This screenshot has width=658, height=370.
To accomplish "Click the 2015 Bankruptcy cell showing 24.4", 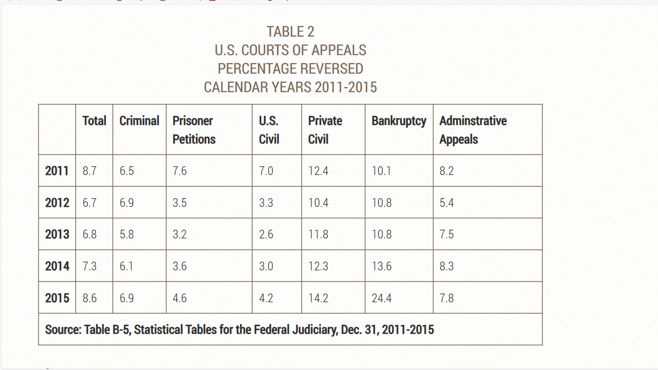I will [381, 298].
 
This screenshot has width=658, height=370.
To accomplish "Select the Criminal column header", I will [139, 121].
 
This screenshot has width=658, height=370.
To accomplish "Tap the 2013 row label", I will [57, 234].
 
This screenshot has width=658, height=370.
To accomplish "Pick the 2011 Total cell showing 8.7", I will [89, 171].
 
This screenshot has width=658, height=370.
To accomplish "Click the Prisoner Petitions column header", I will [194, 130].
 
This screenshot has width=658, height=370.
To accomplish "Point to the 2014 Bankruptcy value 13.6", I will [381, 266].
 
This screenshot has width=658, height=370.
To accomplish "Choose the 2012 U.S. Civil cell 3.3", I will [266, 203].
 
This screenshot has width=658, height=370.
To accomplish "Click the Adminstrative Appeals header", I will [473, 130].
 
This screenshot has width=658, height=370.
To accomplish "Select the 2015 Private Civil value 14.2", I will [318, 298].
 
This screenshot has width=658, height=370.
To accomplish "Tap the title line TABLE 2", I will [290, 32].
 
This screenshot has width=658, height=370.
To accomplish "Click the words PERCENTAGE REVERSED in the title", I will [290, 69].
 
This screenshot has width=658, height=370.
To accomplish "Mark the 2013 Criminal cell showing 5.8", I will [126, 234].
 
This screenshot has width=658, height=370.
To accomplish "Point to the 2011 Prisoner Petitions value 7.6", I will [179, 171].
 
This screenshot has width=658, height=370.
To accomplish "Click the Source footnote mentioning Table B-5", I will [239, 329].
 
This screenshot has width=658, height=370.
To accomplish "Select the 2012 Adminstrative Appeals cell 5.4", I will [446, 203].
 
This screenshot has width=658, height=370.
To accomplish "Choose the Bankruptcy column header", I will [399, 121].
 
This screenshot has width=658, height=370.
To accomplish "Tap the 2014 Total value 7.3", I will [89, 266].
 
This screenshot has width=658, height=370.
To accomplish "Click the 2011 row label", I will [57, 171].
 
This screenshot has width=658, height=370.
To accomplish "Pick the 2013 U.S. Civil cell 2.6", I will [266, 234].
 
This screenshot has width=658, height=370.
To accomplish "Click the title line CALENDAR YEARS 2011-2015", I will [290, 87].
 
